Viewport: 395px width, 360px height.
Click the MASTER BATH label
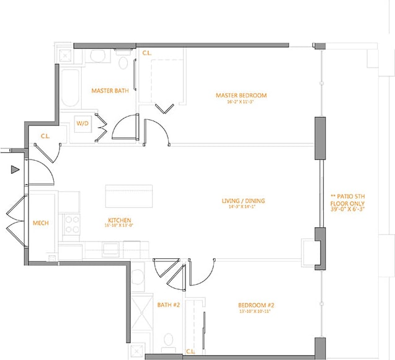coord(110,91)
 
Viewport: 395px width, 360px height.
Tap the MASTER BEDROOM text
coord(241,95)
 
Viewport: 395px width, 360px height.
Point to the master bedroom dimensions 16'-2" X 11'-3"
coord(241,102)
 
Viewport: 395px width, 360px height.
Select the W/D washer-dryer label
coord(82,124)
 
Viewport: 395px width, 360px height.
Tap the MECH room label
coord(40,223)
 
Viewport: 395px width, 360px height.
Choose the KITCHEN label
coord(118,220)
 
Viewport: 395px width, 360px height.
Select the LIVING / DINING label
coord(243,200)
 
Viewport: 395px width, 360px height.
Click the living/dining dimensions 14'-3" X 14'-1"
coord(243,207)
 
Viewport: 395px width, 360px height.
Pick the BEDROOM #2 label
coord(255,305)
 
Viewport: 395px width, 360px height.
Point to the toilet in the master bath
coord(123,63)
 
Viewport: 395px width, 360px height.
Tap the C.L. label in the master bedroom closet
coord(147,53)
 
